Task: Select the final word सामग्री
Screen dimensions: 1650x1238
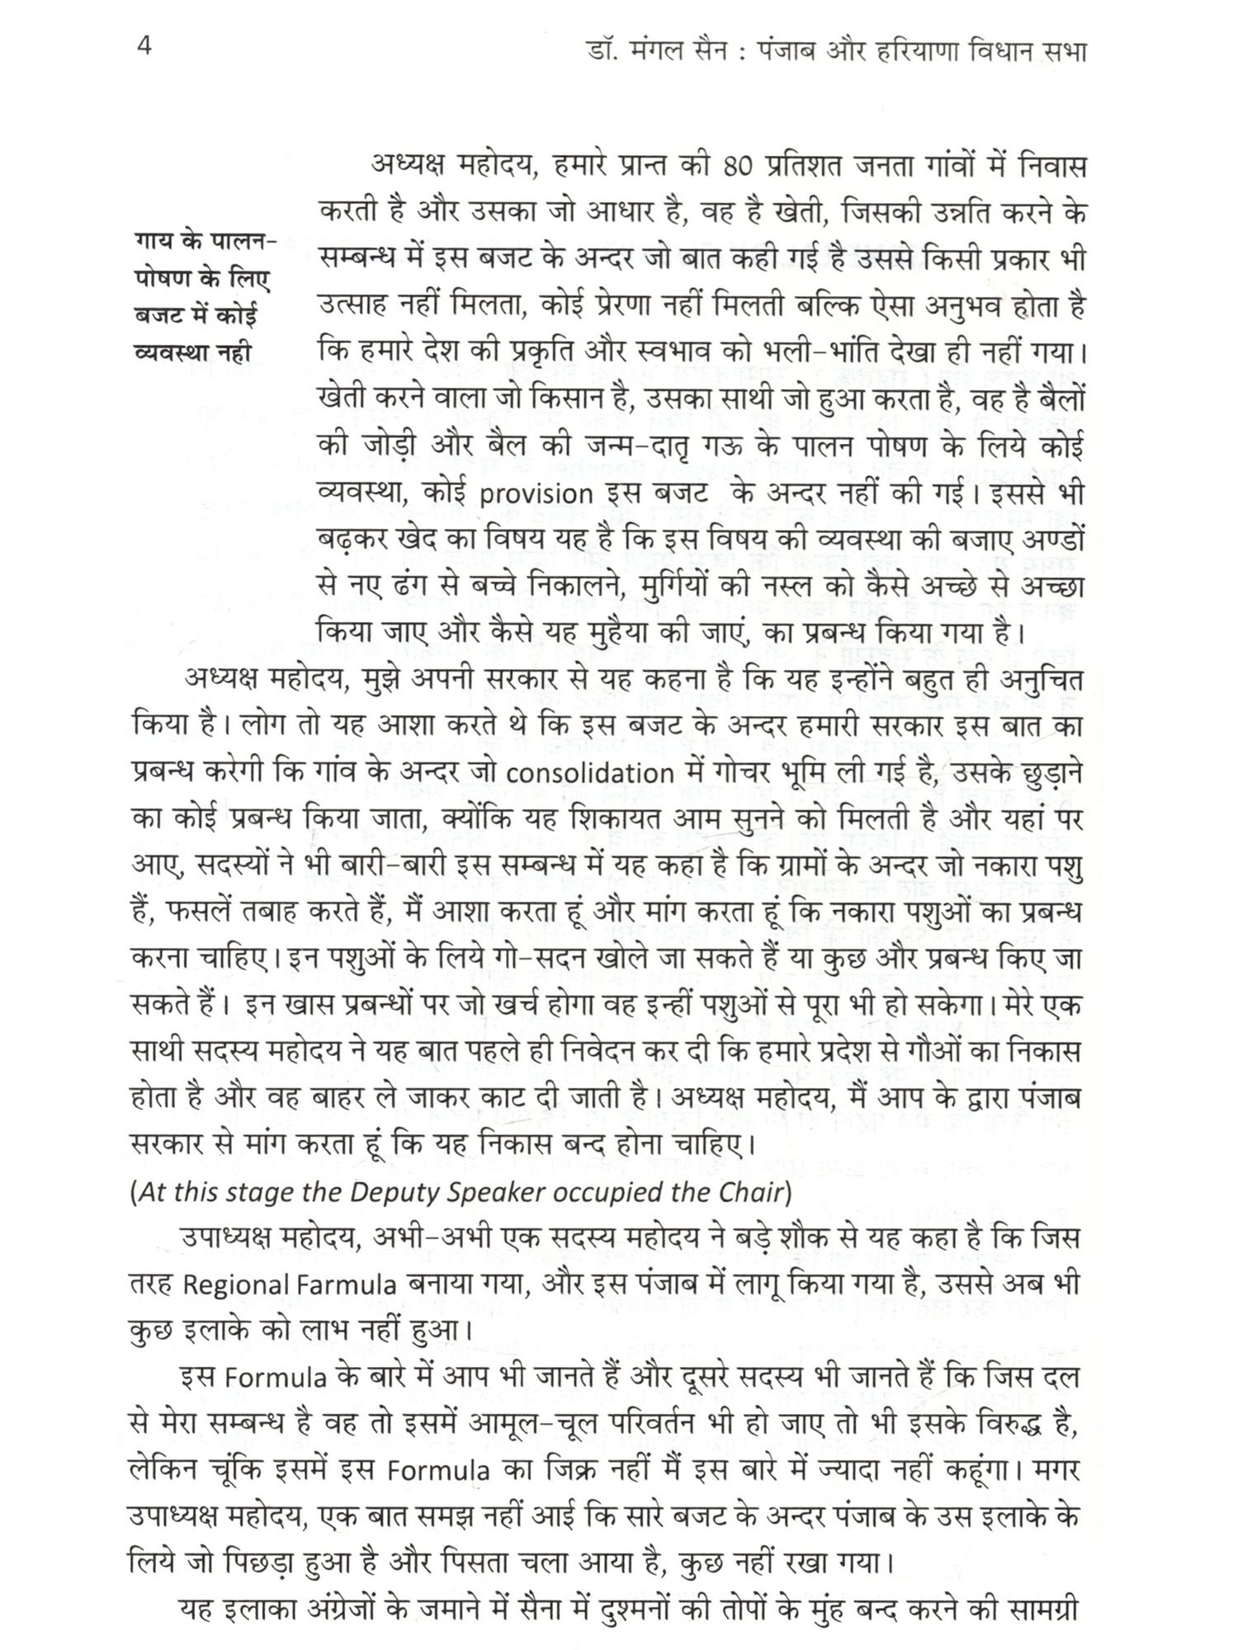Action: point(1038,1610)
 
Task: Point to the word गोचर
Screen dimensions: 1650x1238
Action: point(736,774)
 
